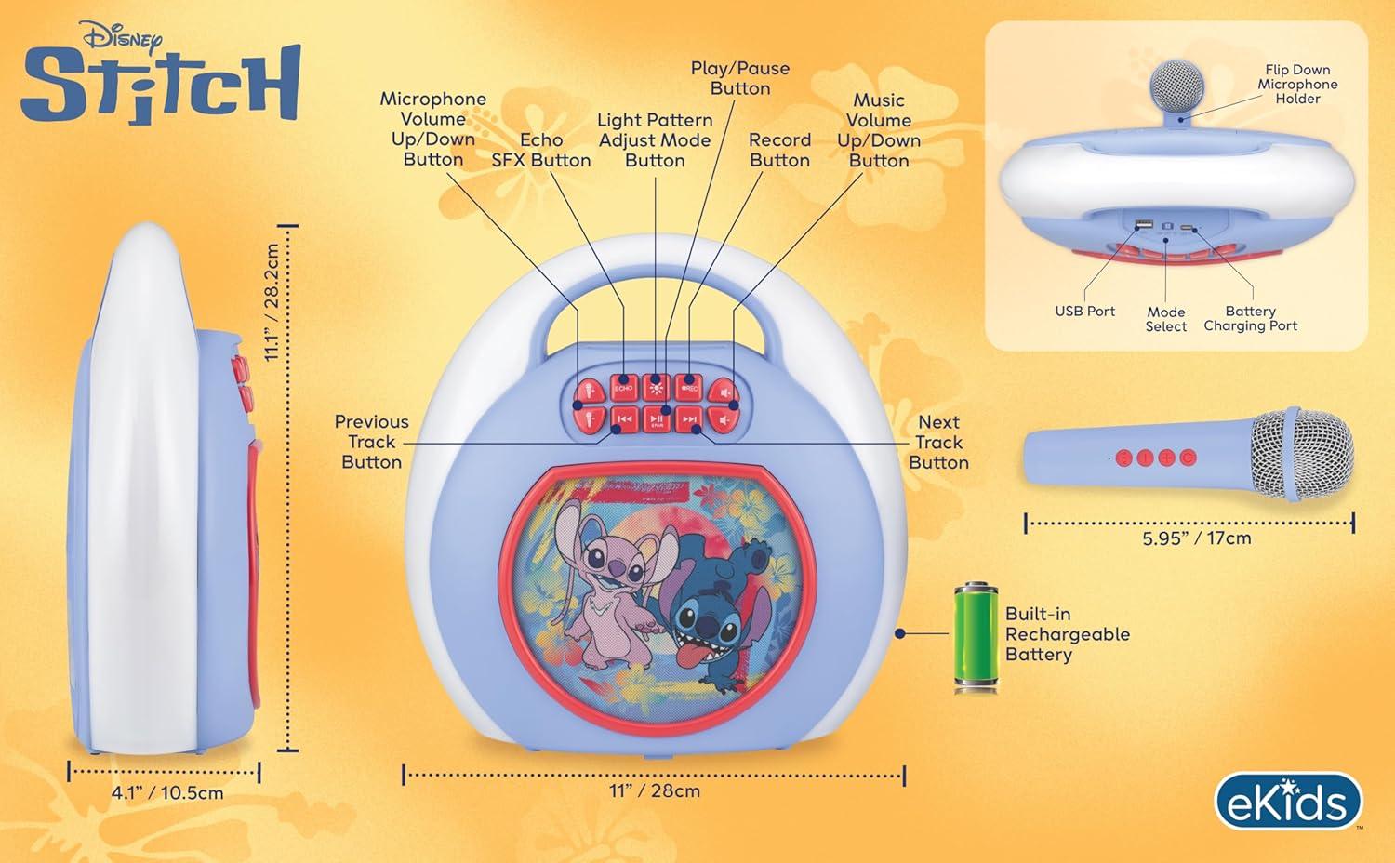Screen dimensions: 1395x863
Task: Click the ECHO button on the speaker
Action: (x=623, y=388)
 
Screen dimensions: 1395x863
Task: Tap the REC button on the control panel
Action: (x=689, y=388)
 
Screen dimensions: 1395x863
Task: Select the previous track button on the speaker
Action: (x=624, y=419)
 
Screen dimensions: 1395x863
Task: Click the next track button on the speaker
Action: (x=689, y=419)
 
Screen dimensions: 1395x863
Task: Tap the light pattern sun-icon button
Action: (x=656, y=388)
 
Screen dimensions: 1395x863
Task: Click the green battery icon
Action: (x=976, y=636)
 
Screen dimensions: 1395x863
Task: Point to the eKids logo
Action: (x=1288, y=802)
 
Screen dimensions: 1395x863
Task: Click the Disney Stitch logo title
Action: (x=161, y=73)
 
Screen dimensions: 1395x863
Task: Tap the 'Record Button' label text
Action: (x=779, y=150)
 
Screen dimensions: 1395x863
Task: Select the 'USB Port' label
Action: (x=1085, y=311)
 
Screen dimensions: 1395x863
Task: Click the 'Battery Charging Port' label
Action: (x=1251, y=318)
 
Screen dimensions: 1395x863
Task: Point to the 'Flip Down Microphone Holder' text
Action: (x=1298, y=84)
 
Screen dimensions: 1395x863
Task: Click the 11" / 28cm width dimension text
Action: (x=655, y=790)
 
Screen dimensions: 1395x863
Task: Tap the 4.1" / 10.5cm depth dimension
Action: (x=166, y=792)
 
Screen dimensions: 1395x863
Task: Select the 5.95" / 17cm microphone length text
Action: (x=1196, y=538)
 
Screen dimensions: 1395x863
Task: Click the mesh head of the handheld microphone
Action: (x=1302, y=455)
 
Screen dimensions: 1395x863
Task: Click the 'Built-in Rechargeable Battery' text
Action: (x=1068, y=634)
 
